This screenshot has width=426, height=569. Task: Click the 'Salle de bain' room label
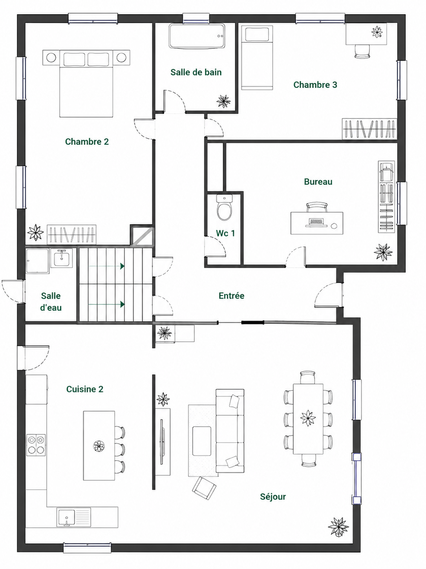(x=196, y=72)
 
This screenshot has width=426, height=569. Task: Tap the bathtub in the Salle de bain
(x=197, y=36)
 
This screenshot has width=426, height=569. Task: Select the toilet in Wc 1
(x=225, y=207)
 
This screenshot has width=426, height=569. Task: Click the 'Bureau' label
(x=318, y=182)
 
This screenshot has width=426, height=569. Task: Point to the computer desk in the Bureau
(x=316, y=223)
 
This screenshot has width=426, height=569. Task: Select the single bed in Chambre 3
(x=257, y=58)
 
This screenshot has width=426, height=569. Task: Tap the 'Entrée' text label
(x=231, y=296)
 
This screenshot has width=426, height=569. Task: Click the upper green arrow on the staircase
(x=106, y=266)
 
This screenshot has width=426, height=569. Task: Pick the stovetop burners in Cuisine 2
(x=36, y=445)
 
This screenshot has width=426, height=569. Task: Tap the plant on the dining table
(x=308, y=418)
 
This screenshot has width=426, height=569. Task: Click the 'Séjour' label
(x=273, y=497)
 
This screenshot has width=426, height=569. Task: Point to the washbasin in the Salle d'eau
(x=61, y=258)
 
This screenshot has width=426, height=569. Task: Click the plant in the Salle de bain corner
(x=223, y=101)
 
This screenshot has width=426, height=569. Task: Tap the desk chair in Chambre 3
(x=362, y=51)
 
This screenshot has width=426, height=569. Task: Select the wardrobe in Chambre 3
(x=369, y=129)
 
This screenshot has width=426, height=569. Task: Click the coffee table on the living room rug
(x=201, y=441)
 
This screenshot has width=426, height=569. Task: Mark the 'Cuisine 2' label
(x=85, y=389)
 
